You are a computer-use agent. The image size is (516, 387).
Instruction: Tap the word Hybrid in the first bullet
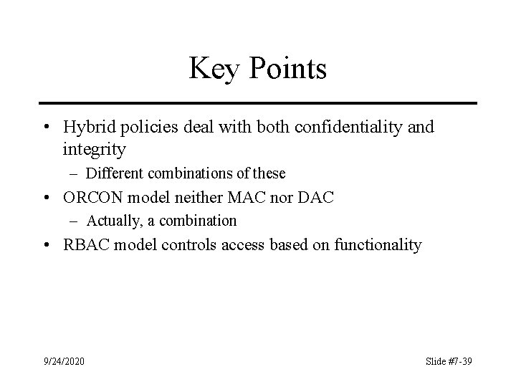click(87, 128)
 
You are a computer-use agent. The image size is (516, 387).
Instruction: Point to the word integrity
click(95, 150)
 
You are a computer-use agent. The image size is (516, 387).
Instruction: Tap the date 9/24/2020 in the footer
click(63, 361)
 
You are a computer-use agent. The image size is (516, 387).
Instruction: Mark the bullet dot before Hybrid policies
click(45, 128)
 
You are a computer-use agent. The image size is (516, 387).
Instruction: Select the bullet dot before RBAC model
click(45, 245)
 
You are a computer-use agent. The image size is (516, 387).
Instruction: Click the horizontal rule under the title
click(258, 103)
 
